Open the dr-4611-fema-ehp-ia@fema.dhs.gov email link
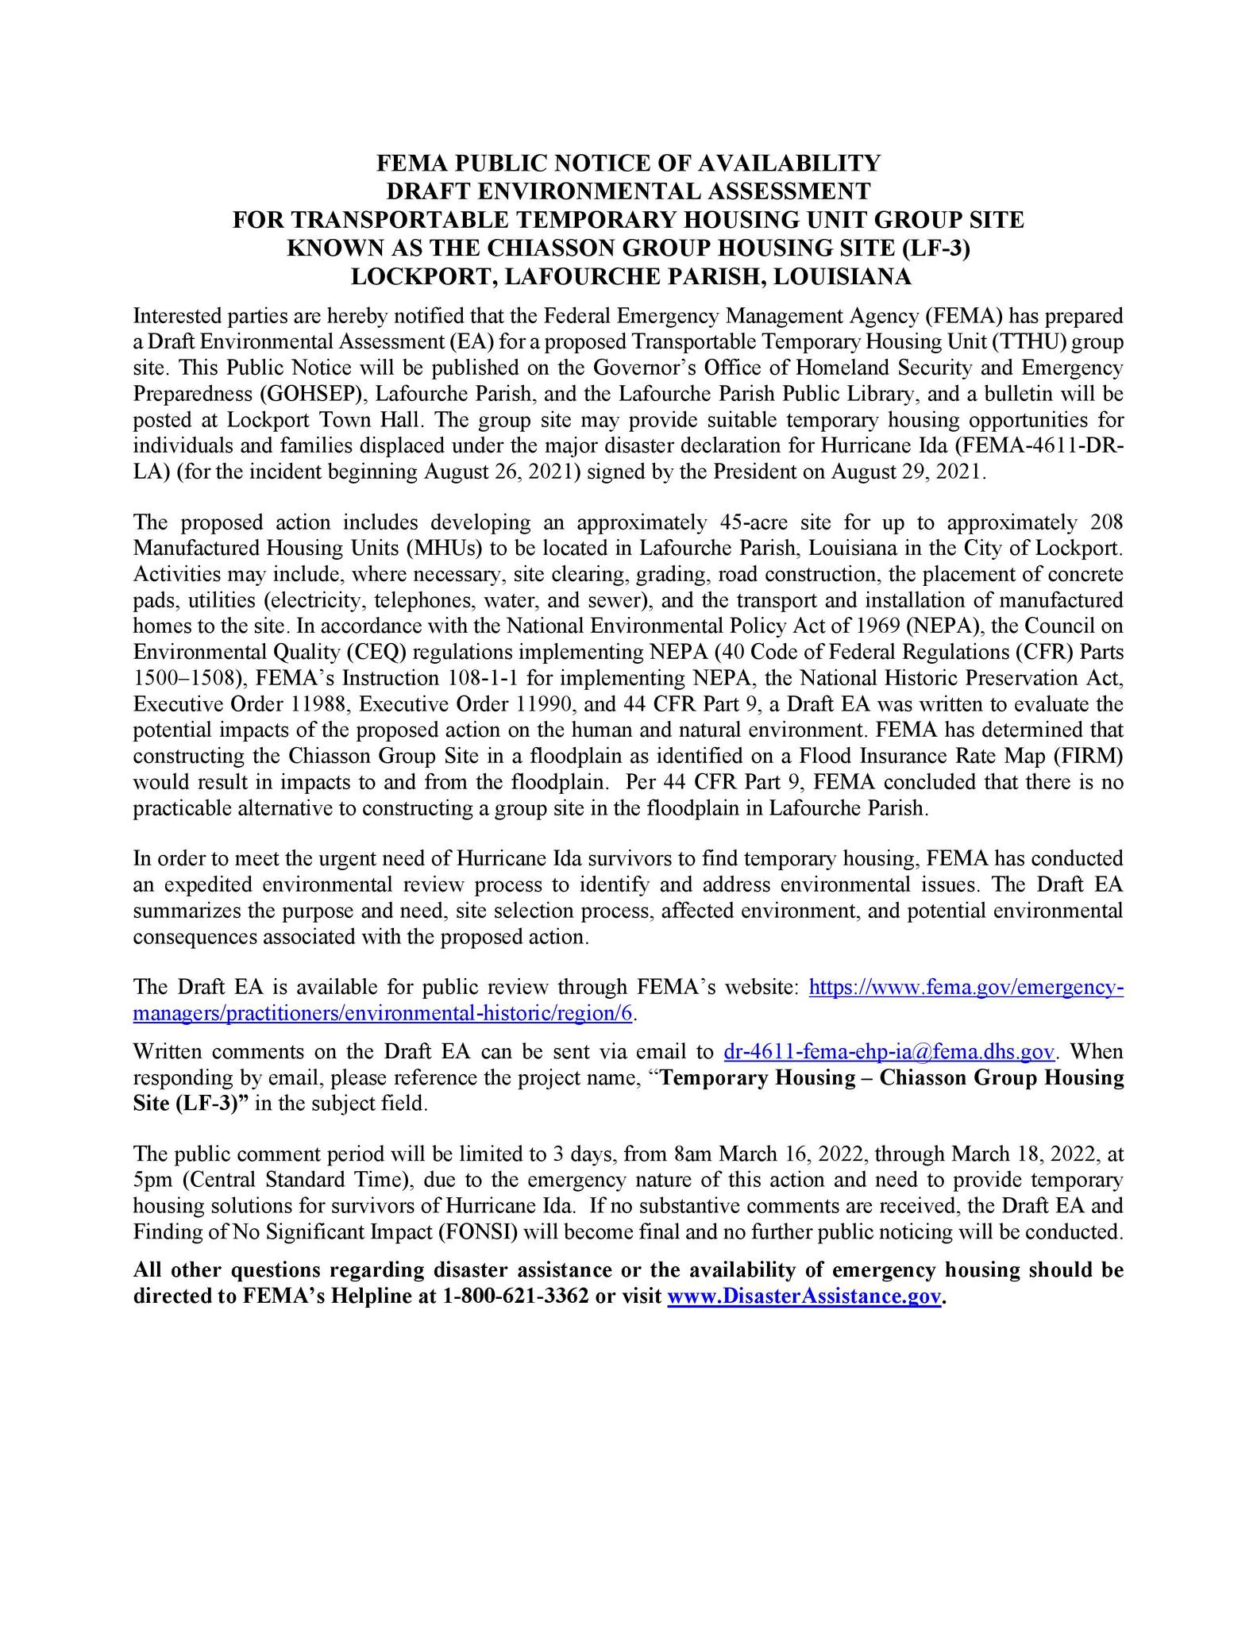[889, 1052]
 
